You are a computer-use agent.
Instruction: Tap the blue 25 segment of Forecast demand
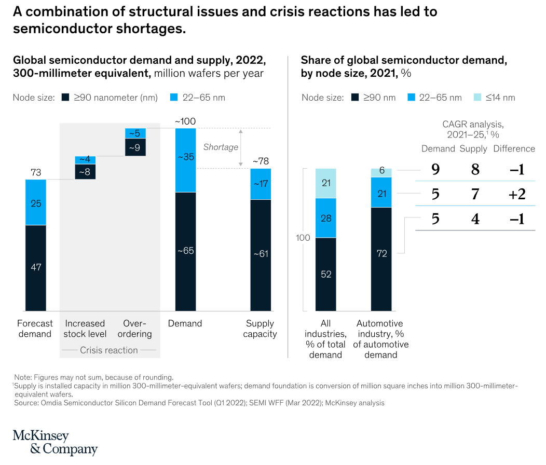(x=35, y=202)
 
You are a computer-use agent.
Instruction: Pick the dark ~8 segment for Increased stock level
(x=85, y=172)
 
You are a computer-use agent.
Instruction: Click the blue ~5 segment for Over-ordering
(x=135, y=133)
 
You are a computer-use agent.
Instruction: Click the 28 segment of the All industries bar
(x=326, y=218)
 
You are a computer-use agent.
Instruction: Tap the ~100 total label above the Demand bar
(x=185, y=121)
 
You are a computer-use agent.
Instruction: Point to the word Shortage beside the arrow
(x=221, y=147)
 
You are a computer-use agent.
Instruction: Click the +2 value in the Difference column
(x=516, y=195)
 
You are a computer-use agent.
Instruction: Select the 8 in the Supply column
(x=475, y=169)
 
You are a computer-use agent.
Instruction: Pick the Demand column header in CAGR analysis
(x=438, y=149)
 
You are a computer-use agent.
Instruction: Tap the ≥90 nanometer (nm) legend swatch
(x=65, y=97)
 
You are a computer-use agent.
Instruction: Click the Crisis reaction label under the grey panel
(x=109, y=350)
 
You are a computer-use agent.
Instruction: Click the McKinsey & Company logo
(x=55, y=442)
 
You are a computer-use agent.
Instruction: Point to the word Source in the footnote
(x=26, y=402)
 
